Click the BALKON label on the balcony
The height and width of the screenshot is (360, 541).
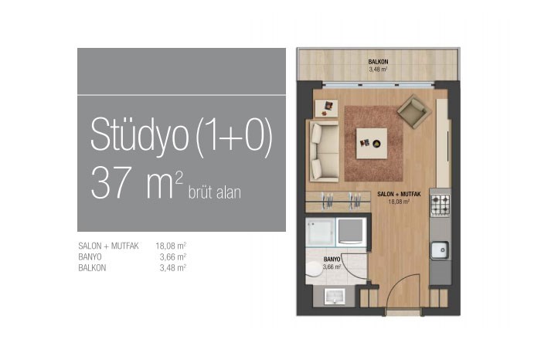(x=378, y=62)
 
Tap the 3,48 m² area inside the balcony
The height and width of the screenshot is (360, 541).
(x=378, y=70)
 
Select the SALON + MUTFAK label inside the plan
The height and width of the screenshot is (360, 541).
(x=399, y=195)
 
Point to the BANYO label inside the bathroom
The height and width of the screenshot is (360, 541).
(x=332, y=260)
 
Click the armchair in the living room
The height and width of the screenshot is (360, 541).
(x=414, y=111)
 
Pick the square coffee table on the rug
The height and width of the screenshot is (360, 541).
(x=372, y=144)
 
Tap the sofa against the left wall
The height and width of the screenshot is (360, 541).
(x=325, y=151)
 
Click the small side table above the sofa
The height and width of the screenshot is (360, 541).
(x=326, y=108)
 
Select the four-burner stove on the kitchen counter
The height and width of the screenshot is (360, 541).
(x=441, y=205)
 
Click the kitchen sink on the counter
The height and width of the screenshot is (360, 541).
(x=440, y=250)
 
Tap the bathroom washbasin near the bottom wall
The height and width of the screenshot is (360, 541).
(x=335, y=297)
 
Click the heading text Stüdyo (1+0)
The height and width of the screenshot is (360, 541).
(x=182, y=135)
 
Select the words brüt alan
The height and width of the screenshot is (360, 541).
(x=215, y=192)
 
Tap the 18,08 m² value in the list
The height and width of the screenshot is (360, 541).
(x=171, y=246)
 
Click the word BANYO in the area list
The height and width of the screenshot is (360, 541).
(x=90, y=257)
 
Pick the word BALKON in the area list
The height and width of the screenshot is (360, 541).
(x=92, y=268)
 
